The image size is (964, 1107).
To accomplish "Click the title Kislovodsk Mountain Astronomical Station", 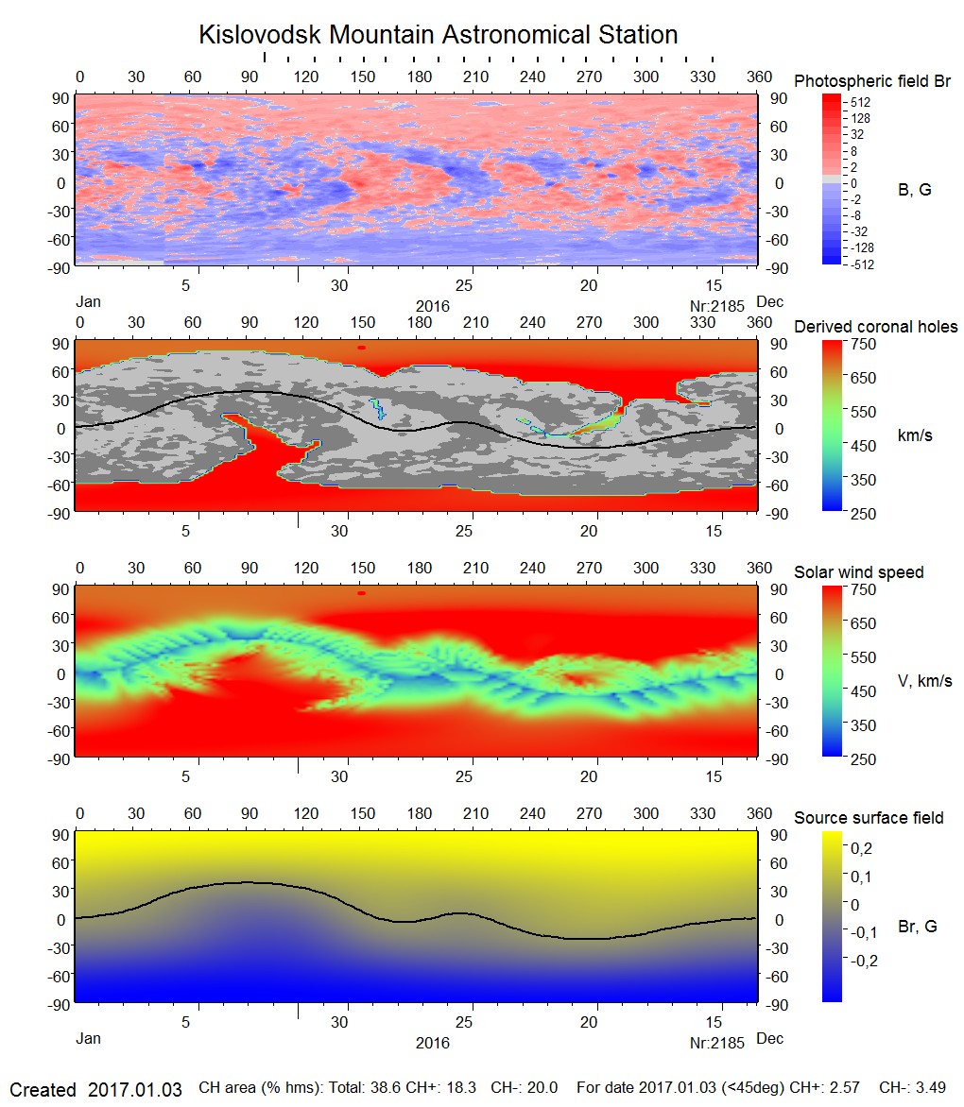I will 438,35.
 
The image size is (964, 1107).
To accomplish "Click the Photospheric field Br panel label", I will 872,81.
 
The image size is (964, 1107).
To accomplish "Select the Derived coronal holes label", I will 875,327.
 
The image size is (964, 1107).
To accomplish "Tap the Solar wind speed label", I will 858,572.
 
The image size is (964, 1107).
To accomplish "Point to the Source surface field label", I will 868,818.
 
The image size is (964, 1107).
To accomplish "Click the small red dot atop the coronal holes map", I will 361,348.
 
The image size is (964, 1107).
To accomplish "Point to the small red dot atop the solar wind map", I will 361,593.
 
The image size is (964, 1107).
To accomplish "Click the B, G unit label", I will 914,190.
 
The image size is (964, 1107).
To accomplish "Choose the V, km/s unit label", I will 923,681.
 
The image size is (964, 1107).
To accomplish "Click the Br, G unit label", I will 917,927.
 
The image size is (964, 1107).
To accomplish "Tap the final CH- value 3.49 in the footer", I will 930,1088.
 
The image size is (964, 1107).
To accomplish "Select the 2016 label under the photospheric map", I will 432,306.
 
